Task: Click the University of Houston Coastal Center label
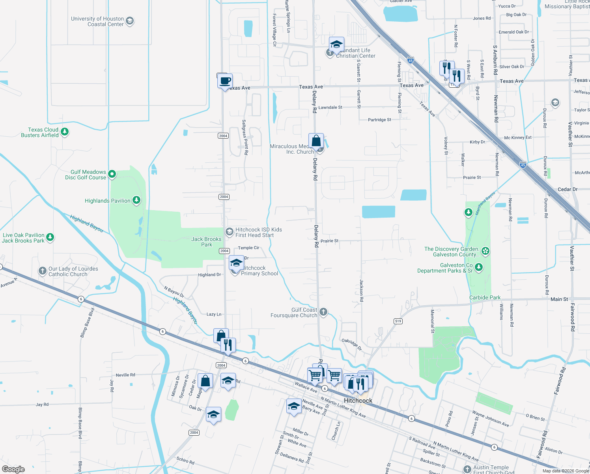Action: [97, 21]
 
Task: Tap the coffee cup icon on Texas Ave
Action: [225, 81]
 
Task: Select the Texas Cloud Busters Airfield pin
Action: [65, 132]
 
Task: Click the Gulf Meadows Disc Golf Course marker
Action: [112, 174]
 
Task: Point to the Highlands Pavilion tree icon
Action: [136, 200]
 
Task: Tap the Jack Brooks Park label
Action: [206, 242]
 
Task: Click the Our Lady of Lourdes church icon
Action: [42, 271]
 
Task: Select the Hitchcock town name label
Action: [358, 401]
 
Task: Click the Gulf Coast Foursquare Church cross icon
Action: [323, 312]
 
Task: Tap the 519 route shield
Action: [398, 321]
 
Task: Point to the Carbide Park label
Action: [485, 297]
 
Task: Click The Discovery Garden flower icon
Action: [485, 251]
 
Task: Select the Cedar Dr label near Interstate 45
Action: [567, 189]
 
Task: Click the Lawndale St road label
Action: [330, 107]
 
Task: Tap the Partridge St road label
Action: [379, 120]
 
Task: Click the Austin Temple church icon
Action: [467, 469]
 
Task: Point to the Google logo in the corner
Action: [13, 469]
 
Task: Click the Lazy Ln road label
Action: [214, 314]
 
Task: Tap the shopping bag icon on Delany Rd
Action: [316, 141]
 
